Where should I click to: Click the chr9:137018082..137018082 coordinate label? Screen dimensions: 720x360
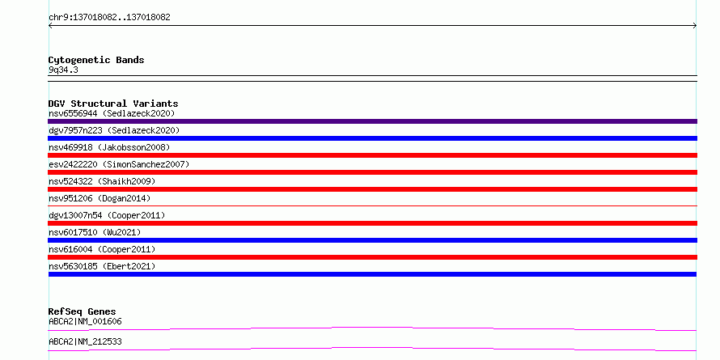(109, 18)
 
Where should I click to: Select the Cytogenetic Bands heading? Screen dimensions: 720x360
(96, 60)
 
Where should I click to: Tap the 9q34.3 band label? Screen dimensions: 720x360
(63, 70)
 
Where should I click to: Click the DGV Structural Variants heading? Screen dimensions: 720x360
(113, 104)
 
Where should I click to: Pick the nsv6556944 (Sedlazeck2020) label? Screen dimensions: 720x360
(112, 113)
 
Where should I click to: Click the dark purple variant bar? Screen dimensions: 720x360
(372, 121)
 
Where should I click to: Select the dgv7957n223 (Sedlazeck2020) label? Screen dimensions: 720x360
(114, 130)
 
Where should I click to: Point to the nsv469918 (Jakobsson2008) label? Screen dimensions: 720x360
(109, 147)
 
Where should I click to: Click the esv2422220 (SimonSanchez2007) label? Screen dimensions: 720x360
(119, 164)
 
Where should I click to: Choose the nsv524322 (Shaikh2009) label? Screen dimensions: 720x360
(102, 181)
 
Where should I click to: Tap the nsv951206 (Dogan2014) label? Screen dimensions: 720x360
(100, 198)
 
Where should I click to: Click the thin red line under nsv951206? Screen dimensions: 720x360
(372, 206)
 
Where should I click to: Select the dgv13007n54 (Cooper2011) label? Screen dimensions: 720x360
(107, 215)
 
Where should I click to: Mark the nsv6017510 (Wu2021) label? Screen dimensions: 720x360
(95, 232)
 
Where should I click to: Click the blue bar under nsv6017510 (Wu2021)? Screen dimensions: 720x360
(372, 240)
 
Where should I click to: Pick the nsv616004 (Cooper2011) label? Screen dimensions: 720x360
(102, 249)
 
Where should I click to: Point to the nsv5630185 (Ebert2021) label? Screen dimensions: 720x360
(102, 266)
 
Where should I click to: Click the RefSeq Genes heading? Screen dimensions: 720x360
(83, 311)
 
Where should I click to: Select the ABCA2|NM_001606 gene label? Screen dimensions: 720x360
(85, 321)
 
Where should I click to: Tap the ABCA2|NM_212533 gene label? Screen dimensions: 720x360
(85, 341)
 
